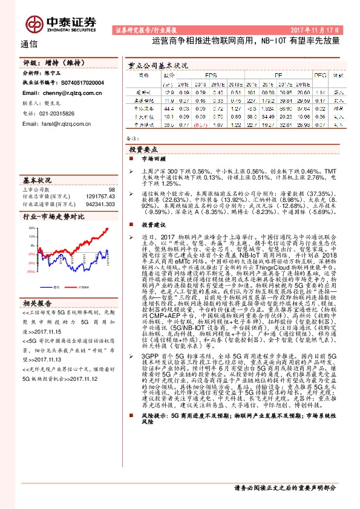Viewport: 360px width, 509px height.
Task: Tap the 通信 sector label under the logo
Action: coord(28,44)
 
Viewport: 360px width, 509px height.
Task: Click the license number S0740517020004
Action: coord(78,82)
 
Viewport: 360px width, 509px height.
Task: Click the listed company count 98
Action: coord(112,190)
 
